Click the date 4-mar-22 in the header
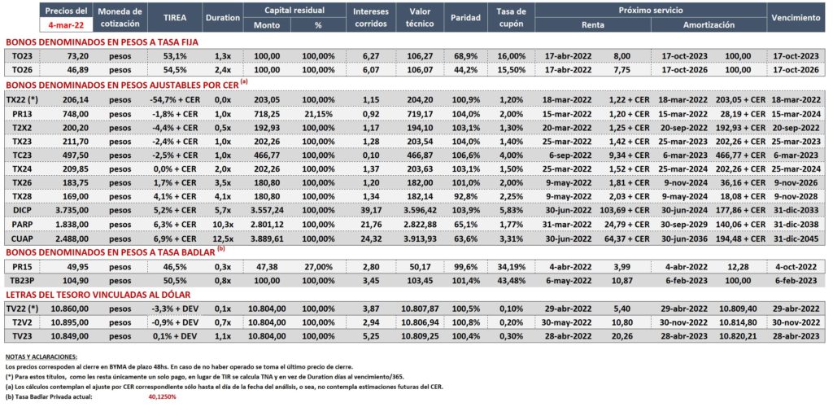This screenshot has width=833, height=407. pos(65,24)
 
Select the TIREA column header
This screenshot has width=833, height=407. pos(175,18)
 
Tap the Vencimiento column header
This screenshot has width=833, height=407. pos(796,18)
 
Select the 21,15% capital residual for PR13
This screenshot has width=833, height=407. pos(318,112)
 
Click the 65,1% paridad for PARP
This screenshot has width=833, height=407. pos(464,225)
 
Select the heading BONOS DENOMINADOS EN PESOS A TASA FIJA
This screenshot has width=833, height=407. pos(102,42)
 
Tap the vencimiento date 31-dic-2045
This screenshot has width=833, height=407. pos(796,239)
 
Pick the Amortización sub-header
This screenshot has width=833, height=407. pos(709,25)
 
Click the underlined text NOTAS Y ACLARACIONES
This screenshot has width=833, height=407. pos(41,357)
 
